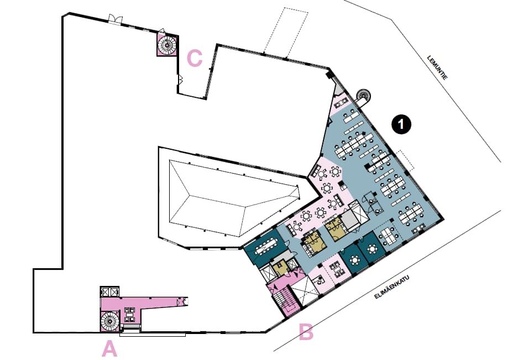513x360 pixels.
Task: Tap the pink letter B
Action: (306, 332)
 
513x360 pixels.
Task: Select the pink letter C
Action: (195, 59)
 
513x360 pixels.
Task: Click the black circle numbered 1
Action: (401, 124)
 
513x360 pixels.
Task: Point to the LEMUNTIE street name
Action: (437, 68)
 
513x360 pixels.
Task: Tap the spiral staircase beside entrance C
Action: (167, 45)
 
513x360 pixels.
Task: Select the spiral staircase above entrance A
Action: (109, 321)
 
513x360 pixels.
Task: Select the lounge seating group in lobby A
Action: (129, 314)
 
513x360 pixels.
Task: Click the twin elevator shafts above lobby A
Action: (109, 291)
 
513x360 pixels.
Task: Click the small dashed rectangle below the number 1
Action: (406, 160)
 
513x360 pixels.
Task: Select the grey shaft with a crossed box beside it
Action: (350, 221)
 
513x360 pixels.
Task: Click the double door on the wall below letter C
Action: (180, 80)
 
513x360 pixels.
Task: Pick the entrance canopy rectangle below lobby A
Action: (153, 335)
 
